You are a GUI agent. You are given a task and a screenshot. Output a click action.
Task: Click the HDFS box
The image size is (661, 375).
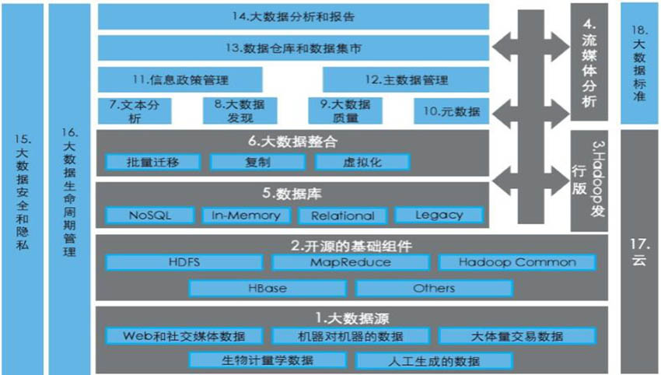click(184, 262)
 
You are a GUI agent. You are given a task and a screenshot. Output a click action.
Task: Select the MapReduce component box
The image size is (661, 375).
click(350, 262)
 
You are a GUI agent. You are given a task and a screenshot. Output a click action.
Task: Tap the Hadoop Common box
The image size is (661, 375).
click(517, 262)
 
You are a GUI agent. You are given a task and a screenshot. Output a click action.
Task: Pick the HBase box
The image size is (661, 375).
click(268, 289)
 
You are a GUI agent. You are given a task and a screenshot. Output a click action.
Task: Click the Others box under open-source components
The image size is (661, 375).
click(434, 289)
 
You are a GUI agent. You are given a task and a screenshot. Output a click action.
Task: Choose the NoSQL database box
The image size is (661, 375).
click(149, 216)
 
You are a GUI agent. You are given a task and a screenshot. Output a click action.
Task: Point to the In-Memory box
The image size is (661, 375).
click(247, 216)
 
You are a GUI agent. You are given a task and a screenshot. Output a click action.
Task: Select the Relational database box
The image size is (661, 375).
click(343, 216)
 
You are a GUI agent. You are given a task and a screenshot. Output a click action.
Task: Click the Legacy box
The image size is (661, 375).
click(439, 216)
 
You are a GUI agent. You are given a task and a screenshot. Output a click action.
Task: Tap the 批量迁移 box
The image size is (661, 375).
click(152, 162)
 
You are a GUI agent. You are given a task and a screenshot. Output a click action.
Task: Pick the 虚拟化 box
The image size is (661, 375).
click(362, 162)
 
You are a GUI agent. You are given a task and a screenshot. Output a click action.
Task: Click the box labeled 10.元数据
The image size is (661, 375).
click(452, 111)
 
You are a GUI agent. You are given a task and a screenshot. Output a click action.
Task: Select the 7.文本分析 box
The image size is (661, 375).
click(135, 111)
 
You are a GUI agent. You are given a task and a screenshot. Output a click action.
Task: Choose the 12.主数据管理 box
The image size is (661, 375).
click(406, 79)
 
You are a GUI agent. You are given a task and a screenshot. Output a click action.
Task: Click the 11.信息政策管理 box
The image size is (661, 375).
click(180, 79)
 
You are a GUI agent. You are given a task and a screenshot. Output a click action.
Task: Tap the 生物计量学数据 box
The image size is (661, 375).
click(268, 361)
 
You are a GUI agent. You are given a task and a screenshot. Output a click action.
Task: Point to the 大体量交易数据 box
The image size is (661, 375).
click(517, 336)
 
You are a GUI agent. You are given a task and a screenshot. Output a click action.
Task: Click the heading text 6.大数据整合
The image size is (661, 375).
click(292, 142)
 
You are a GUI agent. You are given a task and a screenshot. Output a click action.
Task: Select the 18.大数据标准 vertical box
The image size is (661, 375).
click(638, 63)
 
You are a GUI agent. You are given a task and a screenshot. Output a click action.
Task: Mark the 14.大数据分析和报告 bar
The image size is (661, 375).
click(293, 17)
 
